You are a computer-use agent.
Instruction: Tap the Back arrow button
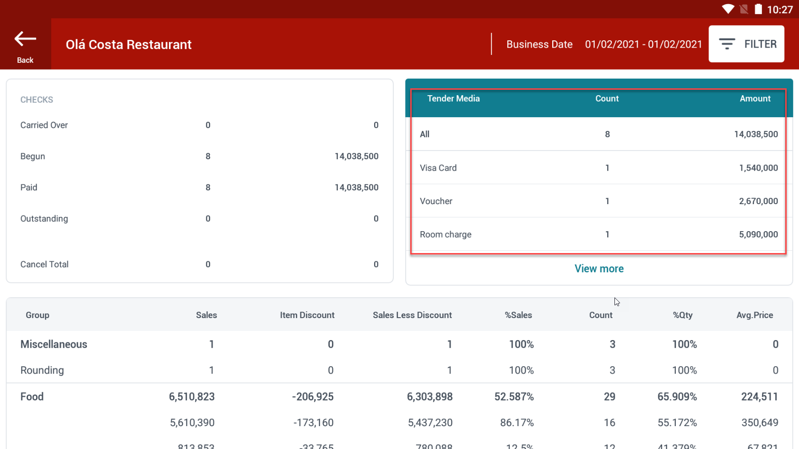pos(25,44)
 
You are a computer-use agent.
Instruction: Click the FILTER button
pos(746,44)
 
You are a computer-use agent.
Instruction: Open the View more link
pos(599,269)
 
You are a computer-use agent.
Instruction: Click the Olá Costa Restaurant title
pos(129,44)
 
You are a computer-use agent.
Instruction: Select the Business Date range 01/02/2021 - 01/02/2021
pos(643,44)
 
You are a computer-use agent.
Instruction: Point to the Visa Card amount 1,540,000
pos(758,168)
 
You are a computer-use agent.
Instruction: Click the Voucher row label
pos(436,201)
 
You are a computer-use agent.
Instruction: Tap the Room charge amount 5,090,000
pos(758,234)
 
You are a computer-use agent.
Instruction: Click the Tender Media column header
pos(453,98)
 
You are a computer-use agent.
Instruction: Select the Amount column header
pos(755,98)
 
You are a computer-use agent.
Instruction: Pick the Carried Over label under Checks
pos(44,125)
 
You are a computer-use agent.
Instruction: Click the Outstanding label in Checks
pos(44,219)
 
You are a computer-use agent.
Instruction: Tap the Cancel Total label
pos(44,265)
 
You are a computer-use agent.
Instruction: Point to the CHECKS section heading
pos(37,100)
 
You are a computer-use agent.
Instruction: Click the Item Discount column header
pos(307,315)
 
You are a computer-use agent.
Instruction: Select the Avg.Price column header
pos(755,315)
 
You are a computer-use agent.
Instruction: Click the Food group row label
pos(32,397)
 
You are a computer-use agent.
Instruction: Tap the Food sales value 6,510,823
pos(192,397)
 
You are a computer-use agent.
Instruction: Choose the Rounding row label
pos(42,370)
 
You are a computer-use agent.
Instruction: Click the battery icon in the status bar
pos(758,9)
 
